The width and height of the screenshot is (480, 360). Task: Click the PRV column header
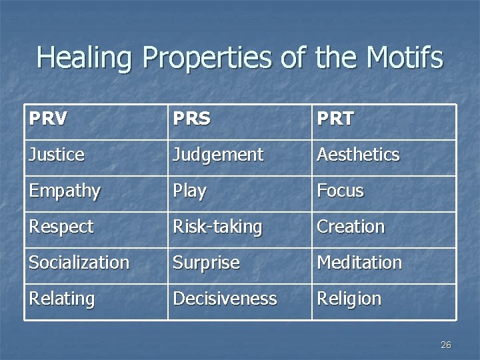[x=49, y=119]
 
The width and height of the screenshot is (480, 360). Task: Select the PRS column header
[x=191, y=119]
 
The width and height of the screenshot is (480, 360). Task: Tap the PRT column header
[x=335, y=119]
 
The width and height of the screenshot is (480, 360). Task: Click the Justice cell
[x=57, y=155]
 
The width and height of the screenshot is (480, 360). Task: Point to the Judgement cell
[x=218, y=155]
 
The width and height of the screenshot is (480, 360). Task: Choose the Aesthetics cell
[x=358, y=155]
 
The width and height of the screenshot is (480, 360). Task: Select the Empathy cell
[x=64, y=191]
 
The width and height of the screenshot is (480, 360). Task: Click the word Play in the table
[x=189, y=191]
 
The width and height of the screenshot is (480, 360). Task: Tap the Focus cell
[x=340, y=191]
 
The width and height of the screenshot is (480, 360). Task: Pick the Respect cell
[x=61, y=227]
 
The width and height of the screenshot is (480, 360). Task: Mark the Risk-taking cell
[x=217, y=227]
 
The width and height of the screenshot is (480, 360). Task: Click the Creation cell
[x=351, y=227]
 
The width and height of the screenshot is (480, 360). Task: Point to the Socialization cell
[x=79, y=263]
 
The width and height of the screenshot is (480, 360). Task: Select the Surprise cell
[x=206, y=263]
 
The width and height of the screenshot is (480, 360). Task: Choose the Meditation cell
[x=359, y=263]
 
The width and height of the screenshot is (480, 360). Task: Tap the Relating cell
[x=61, y=299]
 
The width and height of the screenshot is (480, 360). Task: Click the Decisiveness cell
[x=225, y=299]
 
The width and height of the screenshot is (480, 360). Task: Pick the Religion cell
[x=349, y=299]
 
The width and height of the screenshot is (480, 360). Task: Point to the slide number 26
[x=446, y=345]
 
